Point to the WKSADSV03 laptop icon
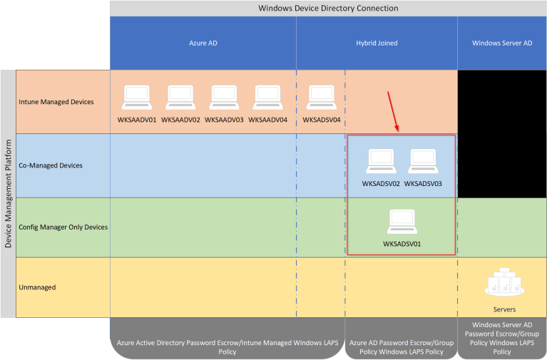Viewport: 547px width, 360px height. point(423,162)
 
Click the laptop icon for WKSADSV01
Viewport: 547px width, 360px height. point(402,222)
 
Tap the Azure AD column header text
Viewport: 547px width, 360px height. point(203,43)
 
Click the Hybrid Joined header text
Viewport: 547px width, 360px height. point(377,43)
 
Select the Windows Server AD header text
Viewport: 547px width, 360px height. point(502,43)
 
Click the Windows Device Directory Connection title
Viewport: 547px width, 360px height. point(328,8)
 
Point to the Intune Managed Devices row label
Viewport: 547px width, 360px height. point(56,102)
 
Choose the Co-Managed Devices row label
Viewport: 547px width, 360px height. point(51,165)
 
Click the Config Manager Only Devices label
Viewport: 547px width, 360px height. point(63,227)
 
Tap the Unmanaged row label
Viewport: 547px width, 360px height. point(38,287)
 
